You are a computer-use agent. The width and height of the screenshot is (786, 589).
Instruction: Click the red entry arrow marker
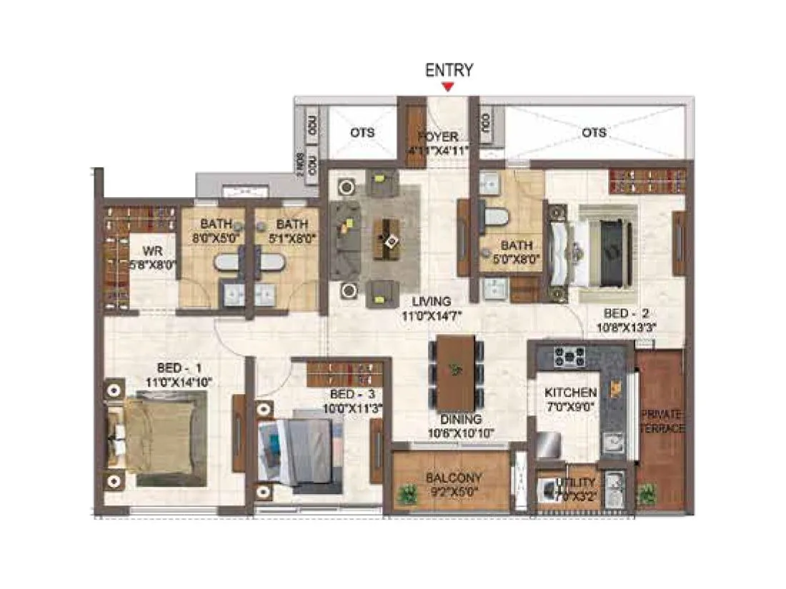(448, 87)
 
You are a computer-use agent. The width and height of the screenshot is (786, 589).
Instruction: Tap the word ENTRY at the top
(449, 70)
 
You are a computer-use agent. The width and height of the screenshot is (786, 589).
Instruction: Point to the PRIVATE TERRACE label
(662, 422)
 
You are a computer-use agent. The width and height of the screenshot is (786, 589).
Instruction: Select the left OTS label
(362, 133)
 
